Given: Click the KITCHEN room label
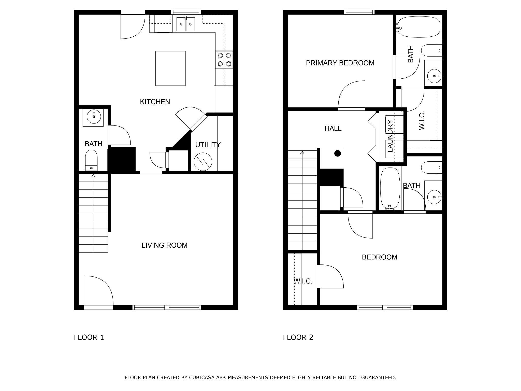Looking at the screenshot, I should [155, 102].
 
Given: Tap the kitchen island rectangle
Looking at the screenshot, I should [170, 68].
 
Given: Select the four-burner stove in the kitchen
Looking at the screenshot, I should [224, 60].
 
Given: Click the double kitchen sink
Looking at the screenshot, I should [186, 24].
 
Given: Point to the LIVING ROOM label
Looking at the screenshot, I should [164, 245].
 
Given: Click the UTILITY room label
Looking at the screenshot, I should [208, 145].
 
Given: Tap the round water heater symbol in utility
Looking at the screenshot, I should [203, 162].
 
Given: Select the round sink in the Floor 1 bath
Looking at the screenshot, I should [94, 117].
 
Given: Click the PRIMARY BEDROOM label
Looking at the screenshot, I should [340, 63].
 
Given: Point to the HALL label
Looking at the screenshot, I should [333, 128].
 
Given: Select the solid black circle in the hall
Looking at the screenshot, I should [337, 153].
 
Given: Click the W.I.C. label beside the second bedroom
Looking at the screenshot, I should [303, 281].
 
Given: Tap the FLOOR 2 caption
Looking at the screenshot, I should [298, 337].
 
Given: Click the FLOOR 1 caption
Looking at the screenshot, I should [89, 337].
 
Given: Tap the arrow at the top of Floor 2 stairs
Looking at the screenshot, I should [302, 152].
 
